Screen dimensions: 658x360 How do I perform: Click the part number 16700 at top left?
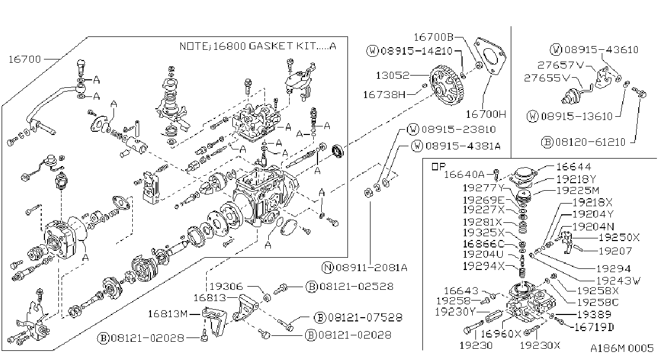point(25,59)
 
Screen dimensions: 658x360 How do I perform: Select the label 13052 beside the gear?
point(392,76)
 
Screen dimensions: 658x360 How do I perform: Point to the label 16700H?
point(486,114)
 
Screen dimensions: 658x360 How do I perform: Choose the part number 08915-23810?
point(458,129)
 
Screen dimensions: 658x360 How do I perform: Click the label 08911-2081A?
point(372,268)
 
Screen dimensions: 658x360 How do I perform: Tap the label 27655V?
point(547,78)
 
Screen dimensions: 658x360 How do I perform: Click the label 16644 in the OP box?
point(573,167)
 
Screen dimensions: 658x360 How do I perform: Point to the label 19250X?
point(619,237)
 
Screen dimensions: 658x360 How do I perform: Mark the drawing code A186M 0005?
point(622,348)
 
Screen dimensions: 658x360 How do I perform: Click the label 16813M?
point(168,314)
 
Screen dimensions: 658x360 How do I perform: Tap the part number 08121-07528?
point(365,317)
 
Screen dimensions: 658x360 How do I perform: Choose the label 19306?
point(226,286)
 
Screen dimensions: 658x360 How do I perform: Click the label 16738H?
point(384,95)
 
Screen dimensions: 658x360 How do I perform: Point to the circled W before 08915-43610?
point(556,50)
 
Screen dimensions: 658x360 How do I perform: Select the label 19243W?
point(618,281)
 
